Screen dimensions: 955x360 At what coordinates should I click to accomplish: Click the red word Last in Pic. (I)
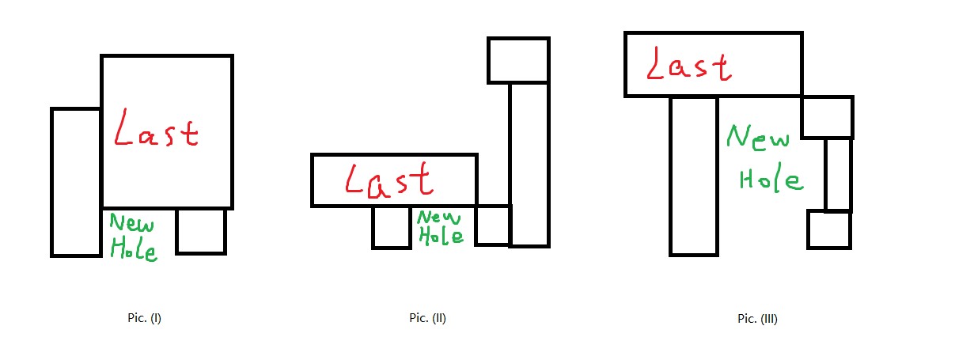156,130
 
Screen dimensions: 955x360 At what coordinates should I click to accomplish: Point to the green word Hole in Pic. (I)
133,248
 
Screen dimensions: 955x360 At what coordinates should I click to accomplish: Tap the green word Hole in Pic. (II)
440,235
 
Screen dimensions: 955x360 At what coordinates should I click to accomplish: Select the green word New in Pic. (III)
757,138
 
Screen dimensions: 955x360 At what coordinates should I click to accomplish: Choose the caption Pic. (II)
428,318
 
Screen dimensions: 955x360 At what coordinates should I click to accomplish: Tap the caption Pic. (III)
757,320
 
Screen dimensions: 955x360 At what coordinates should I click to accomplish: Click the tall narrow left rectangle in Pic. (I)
76,182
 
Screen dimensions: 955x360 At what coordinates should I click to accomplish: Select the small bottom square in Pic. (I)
200,230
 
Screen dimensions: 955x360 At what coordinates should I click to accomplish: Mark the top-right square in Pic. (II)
518,60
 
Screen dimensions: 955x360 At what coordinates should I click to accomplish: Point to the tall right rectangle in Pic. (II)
529,164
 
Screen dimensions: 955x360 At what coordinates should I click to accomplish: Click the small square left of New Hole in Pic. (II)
392,227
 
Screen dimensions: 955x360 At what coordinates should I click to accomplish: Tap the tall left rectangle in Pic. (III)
694,176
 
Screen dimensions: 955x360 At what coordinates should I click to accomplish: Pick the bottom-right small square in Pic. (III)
828,229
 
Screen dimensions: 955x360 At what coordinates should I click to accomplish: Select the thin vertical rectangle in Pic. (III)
838,174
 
